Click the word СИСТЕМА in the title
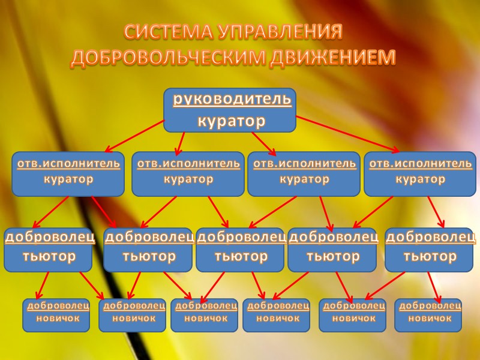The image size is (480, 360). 162,32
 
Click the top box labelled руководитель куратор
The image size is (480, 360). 230,110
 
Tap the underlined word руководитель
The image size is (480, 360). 232,100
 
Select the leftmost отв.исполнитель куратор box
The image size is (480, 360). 68,173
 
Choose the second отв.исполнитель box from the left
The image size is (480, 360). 188,173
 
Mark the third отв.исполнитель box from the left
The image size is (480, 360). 304,173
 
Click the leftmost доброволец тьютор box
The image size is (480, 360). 49,249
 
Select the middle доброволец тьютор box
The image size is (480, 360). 241,249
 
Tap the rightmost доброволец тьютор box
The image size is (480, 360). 429,249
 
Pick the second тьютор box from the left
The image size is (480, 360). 148,249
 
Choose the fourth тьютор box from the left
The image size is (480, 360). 332,249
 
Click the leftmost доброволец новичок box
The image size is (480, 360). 56,314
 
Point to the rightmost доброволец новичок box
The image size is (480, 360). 428,314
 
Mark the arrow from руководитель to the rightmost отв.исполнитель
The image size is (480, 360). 348,134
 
